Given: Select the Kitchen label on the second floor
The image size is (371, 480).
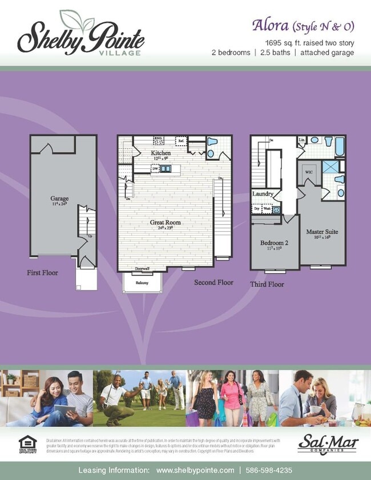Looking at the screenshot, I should [160, 154].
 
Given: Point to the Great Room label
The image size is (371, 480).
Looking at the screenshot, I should [166, 223].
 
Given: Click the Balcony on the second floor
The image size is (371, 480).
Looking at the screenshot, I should [142, 283].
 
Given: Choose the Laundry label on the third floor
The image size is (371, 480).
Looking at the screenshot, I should [263, 194].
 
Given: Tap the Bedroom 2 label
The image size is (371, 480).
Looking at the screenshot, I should [274, 244].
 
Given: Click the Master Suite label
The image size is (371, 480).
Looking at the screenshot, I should [323, 233].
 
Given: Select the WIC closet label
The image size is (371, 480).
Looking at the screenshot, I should [309, 171].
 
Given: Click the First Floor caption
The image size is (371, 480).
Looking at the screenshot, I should [42, 273].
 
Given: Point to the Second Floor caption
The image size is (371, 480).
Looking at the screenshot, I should [213, 283].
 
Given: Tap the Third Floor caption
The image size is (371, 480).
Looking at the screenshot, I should [267, 284].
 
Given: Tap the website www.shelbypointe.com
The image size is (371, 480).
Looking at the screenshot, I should [195, 470].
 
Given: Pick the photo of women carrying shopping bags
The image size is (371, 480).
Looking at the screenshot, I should [232, 398].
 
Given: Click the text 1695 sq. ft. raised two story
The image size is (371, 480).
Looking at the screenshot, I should [309, 43].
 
